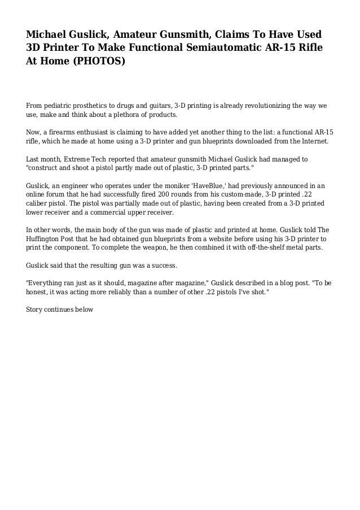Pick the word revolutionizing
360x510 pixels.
[x=252, y=106]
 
